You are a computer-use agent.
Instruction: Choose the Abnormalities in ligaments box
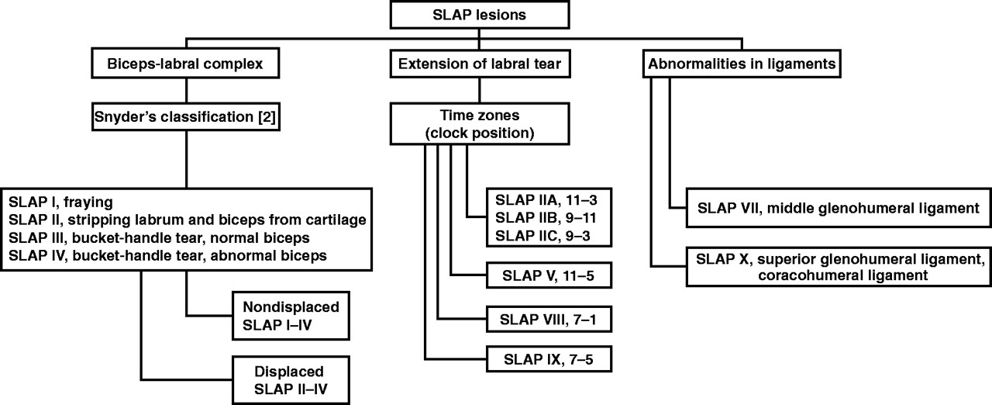point(742,64)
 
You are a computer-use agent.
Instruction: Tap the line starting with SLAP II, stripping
point(185,220)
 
